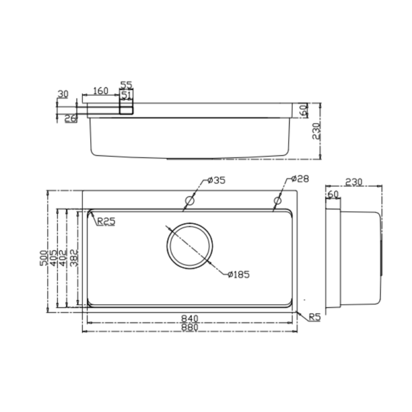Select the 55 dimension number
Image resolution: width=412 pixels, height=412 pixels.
tap(127, 84)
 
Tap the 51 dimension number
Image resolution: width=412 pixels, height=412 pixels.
tap(127, 94)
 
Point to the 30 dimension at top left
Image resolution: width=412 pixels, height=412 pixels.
tap(63, 94)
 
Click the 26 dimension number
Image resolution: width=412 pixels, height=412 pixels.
tap(70, 118)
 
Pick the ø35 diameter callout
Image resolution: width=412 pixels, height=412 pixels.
tap(217, 180)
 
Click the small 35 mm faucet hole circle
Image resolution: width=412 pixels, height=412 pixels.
tap(190, 200)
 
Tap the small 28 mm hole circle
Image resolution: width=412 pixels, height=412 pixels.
tap(278, 200)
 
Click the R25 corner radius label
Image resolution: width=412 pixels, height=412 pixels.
tap(106, 222)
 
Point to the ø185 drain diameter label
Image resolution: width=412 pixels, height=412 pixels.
tap(238, 274)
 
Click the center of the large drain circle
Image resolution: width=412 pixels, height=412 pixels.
tap(189, 246)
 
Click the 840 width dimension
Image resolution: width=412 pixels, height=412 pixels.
tap(190, 318)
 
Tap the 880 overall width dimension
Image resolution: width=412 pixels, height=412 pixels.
tap(190, 328)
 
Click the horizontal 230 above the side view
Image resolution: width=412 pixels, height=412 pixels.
tap(354, 182)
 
